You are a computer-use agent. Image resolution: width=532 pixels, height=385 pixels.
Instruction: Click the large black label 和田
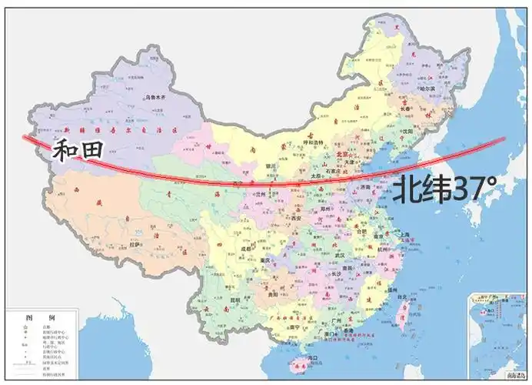(78, 150)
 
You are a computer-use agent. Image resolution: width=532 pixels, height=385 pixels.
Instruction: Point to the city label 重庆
(268, 260)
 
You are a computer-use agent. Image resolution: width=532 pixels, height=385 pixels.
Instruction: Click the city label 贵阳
(271, 294)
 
